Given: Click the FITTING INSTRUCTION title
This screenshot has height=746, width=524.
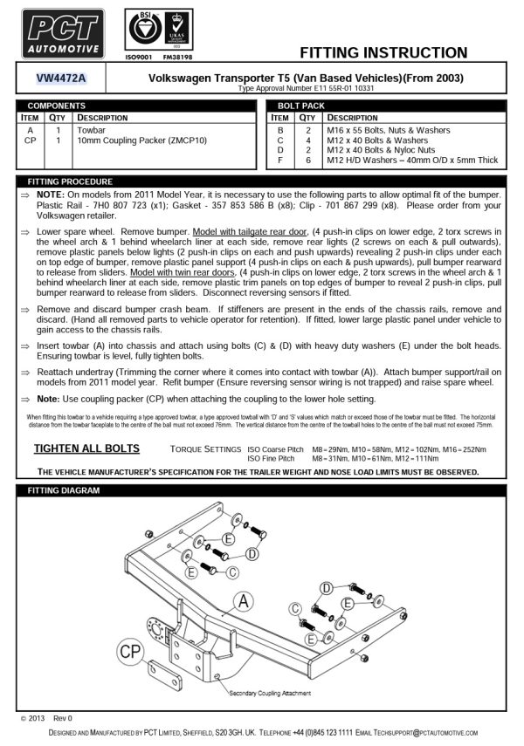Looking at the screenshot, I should click(x=383, y=52).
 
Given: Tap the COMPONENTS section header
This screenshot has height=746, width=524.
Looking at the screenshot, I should click(x=57, y=105).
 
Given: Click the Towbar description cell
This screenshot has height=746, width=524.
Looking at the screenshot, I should click(x=92, y=129).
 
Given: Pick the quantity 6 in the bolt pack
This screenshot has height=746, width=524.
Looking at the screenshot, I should click(x=307, y=161).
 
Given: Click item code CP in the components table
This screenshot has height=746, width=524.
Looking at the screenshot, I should click(x=31, y=140).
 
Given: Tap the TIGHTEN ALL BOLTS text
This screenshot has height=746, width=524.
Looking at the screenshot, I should click(x=86, y=448).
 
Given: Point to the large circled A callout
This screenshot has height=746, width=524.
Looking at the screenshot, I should click(x=244, y=600).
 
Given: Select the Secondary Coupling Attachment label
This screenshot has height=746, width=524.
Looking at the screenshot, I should click(x=269, y=694).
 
